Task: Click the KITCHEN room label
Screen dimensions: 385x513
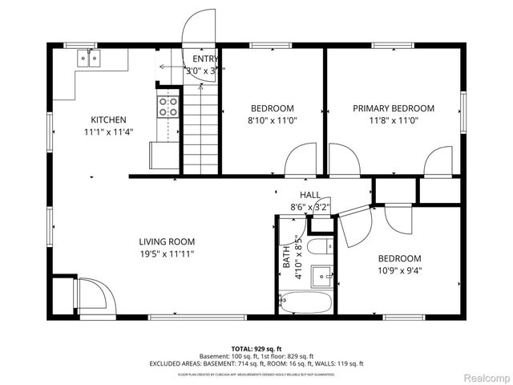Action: [x=108, y=120]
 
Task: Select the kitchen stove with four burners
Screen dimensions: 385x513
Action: [x=168, y=106]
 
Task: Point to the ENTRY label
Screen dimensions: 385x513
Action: [x=205, y=59]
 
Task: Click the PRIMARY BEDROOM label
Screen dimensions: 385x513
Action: [x=394, y=108]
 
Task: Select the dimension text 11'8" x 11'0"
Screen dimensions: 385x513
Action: [x=394, y=120]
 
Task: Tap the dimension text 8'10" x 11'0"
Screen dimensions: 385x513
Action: [x=272, y=120]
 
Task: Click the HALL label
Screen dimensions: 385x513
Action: [x=310, y=195]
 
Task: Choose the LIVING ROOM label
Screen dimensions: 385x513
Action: [x=167, y=241]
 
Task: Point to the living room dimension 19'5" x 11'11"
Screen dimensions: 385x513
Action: [x=167, y=253]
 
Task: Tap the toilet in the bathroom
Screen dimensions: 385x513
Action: [x=319, y=246]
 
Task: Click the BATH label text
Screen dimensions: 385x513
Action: [x=286, y=259]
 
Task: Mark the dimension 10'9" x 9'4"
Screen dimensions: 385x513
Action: [x=399, y=270]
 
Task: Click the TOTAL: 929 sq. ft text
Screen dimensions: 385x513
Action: [x=256, y=349]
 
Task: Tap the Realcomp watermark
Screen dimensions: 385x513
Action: [x=483, y=377]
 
